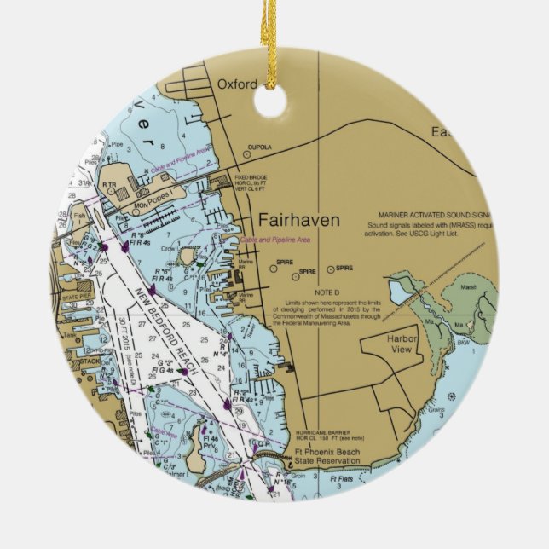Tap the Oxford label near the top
click(x=236, y=84)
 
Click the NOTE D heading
click(x=315, y=292)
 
